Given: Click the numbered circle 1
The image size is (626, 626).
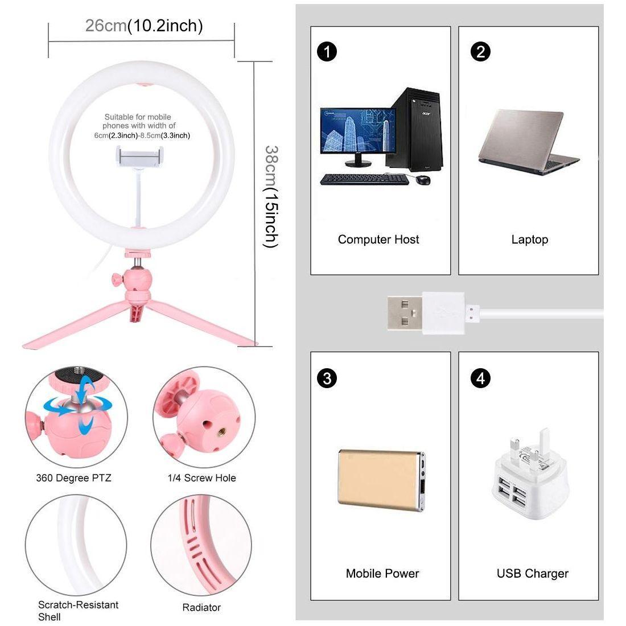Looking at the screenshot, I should pos(327,52).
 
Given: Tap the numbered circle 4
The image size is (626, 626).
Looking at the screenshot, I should pos(481,378).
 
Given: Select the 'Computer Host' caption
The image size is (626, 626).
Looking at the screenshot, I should pos(378,240).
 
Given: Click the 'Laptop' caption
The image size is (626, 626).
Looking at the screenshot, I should pos(529,240).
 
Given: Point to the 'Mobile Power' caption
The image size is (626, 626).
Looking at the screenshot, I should pos(382,573).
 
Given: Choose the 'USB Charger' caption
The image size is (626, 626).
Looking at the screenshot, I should pos(532,573).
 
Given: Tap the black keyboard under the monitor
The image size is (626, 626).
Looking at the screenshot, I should pos(364,179).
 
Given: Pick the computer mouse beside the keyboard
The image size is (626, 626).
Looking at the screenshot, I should pos(423,180).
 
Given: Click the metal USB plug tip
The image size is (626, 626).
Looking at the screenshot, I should pos(405,312).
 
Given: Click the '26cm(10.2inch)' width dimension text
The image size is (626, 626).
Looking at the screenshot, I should pos(144,26).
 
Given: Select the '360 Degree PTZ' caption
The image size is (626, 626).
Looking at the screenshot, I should pos(73,478).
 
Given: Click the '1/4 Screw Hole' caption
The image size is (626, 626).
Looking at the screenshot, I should pos(201,478).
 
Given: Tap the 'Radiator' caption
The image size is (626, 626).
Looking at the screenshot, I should pos(201,607).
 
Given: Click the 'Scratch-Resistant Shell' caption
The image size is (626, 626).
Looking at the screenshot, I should pos(78,611).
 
